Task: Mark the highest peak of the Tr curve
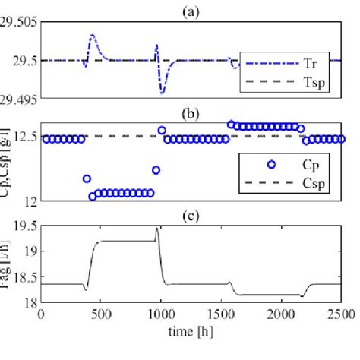coord(92,35)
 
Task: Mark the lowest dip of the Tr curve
coord(162,93)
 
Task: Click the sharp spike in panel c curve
coord(157,228)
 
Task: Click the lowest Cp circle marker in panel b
coord(93,196)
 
